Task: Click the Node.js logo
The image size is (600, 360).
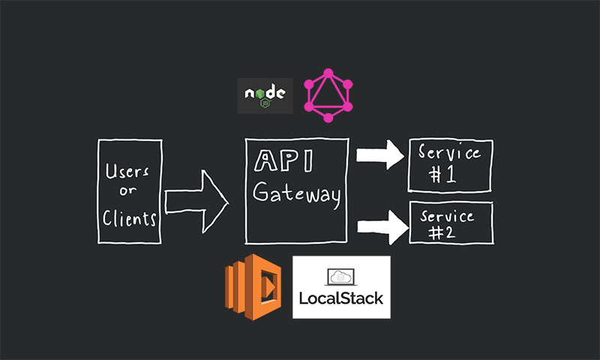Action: click(x=265, y=95)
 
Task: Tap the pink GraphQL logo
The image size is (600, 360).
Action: click(x=328, y=95)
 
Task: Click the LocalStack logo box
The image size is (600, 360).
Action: click(x=340, y=287)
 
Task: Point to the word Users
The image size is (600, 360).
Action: click(x=127, y=171)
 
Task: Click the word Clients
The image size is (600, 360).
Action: click(x=130, y=218)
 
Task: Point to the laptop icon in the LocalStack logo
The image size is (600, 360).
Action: click(x=340, y=277)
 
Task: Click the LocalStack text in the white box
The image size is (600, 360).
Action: click(x=340, y=298)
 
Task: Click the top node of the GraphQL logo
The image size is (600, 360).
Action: click(x=328, y=72)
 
